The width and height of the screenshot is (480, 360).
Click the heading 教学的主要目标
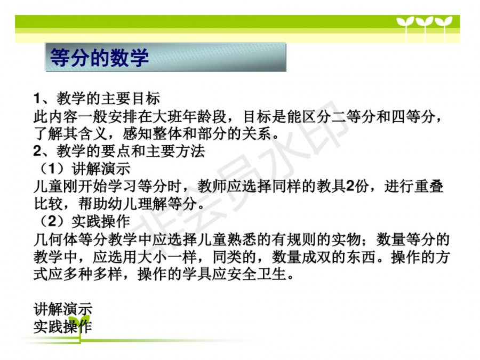(108, 99)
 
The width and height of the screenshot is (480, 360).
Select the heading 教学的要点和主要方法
(131, 151)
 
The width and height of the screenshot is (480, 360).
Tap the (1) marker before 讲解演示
(52, 169)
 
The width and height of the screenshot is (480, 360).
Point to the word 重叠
(428, 186)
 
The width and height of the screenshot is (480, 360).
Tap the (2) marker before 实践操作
(52, 221)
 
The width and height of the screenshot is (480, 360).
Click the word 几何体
(55, 239)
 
